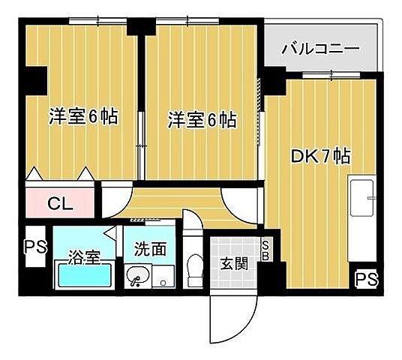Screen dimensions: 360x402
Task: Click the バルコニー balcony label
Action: point(321,49)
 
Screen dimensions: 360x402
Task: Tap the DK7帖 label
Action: point(321,157)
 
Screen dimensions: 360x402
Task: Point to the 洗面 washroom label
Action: point(150,249)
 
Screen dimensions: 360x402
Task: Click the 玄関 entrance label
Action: point(232,263)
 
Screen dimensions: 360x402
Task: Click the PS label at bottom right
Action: point(367,280)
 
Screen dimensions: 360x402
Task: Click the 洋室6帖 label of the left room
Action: point(84,117)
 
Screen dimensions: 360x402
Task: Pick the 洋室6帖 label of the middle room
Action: point(202,119)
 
